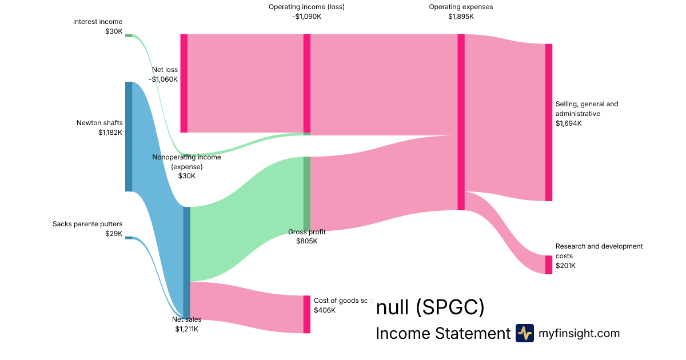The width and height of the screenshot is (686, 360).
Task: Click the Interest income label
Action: click(97, 22)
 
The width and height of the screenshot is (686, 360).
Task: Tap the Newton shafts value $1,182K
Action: click(110, 133)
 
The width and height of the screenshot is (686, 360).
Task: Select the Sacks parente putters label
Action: click(87, 224)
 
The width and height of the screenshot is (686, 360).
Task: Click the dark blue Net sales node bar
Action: click(186, 262)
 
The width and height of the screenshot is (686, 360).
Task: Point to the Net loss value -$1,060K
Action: click(163, 79)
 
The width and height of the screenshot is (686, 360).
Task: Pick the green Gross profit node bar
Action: click(307, 193)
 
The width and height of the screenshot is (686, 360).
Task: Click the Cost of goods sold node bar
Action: click(307, 314)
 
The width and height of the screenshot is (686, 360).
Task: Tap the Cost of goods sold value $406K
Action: click(325, 310)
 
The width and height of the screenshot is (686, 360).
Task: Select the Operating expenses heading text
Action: click(461, 7)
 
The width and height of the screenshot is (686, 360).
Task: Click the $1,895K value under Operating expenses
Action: click(461, 17)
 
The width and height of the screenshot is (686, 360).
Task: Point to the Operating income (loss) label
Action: click(306, 7)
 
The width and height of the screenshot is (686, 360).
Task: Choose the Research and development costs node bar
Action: click(549, 265)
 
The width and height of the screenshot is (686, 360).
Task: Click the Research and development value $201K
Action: click(565, 266)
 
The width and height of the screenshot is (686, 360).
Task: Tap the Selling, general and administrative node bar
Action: click(549, 122)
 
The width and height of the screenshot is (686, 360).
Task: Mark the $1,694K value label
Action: click(568, 123)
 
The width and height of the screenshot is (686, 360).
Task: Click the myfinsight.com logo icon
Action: click(524, 333)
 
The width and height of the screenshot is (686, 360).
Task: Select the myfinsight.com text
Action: click(579, 333)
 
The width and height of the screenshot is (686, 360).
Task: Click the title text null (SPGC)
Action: click(430, 308)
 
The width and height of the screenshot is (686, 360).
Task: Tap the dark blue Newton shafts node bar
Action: click(129, 137)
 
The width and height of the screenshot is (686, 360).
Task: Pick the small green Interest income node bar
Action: click(129, 35)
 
